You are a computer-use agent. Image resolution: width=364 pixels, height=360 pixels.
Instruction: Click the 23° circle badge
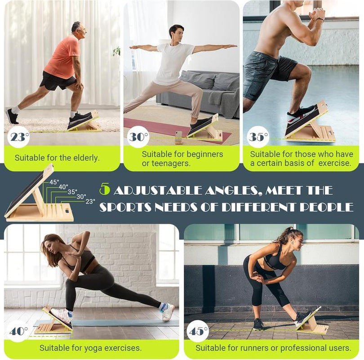click(18, 137)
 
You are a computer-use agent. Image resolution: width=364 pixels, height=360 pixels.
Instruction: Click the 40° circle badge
click(18, 331)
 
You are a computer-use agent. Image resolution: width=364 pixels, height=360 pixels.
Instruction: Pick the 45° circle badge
click(198, 331)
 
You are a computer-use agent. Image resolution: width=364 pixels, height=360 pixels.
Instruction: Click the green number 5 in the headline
click(104, 190)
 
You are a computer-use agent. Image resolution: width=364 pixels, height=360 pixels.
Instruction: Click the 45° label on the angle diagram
click(54, 182)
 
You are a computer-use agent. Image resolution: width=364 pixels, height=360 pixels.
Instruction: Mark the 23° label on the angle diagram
click(90, 202)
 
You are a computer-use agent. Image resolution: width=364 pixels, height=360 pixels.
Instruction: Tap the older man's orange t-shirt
click(62, 58)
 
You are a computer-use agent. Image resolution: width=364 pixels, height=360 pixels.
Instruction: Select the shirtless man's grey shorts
click(265, 74)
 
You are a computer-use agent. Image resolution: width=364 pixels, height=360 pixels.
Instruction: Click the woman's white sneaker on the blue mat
click(168, 311)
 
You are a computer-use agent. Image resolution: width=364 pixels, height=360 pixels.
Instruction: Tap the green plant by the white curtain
click(116, 51)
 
